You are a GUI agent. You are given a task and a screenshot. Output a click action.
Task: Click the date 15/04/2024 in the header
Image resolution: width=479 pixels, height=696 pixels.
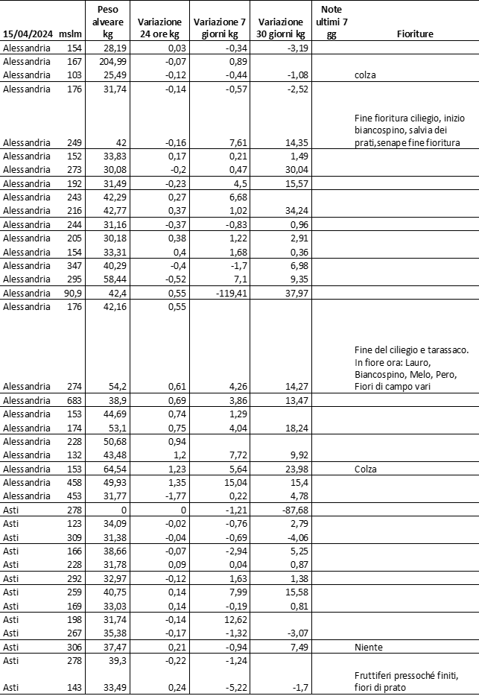coord(28,34)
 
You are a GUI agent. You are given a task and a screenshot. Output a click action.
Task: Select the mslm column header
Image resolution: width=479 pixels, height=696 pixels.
coord(69,34)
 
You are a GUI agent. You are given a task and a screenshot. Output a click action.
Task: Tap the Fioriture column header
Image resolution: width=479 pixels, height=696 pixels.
coord(415,34)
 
